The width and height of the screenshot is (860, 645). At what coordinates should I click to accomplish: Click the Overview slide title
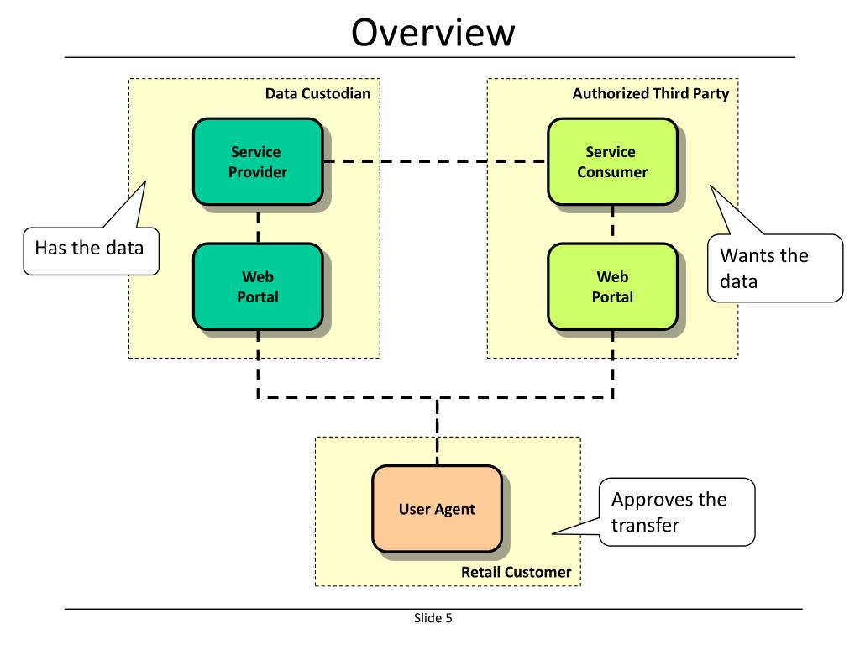[x=433, y=33]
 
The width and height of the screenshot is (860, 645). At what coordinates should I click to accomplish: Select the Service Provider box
[x=258, y=162]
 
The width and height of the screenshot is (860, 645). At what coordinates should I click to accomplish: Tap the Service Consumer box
[x=612, y=162]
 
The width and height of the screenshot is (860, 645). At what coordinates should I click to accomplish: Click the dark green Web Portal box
[x=258, y=286]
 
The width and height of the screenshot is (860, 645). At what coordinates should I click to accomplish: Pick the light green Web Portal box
[x=612, y=286]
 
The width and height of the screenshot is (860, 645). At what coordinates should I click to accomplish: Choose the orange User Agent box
[x=437, y=509]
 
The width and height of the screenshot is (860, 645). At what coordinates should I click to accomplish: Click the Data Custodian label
[x=317, y=93]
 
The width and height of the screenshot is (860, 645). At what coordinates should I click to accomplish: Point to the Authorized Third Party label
[x=651, y=93]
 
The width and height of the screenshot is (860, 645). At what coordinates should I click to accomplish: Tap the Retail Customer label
[x=517, y=572]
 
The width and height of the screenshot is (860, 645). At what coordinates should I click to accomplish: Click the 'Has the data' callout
[x=91, y=250]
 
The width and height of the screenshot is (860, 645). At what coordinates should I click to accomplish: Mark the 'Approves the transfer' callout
[x=676, y=511]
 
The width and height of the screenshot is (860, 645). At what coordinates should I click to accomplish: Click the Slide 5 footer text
[x=433, y=618]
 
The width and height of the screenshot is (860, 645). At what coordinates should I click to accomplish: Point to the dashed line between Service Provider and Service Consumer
[x=436, y=162]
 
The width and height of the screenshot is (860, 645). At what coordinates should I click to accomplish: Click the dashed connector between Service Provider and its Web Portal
[x=258, y=224]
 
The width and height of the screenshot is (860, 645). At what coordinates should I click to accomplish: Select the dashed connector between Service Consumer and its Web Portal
[x=612, y=224]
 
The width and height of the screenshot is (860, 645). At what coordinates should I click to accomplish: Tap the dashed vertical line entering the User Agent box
[x=437, y=432]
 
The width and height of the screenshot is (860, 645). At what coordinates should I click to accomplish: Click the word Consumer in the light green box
[x=612, y=172]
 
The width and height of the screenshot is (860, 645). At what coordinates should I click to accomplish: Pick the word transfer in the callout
[x=645, y=525]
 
